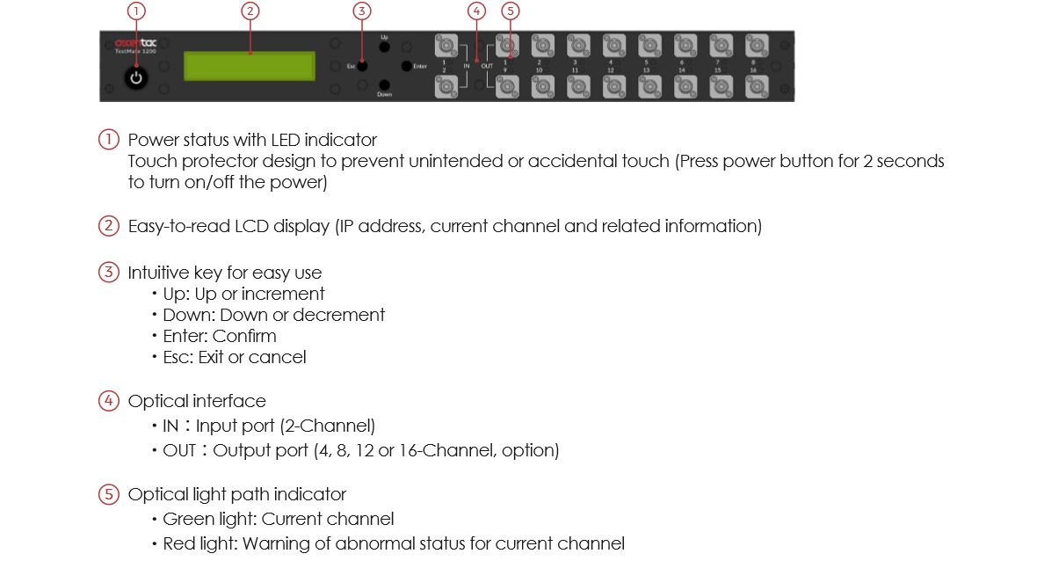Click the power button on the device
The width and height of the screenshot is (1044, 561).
(x=135, y=78)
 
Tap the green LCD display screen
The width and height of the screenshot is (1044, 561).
(x=250, y=66)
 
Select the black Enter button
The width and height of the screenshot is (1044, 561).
(x=406, y=66)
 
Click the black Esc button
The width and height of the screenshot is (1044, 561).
(x=362, y=66)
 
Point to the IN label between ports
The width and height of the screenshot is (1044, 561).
(x=467, y=66)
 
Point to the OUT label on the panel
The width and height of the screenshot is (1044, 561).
(x=487, y=66)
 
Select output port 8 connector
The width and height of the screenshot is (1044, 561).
(x=756, y=45)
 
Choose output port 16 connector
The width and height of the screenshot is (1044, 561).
(x=756, y=86)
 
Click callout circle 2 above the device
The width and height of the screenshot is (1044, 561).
(x=250, y=11)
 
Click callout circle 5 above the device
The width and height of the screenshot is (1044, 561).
(x=511, y=11)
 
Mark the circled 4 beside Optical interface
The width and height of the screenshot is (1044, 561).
(x=108, y=401)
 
